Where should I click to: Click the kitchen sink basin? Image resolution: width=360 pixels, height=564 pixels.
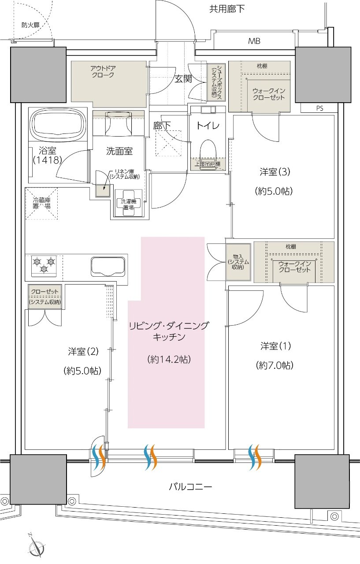pos(108,266)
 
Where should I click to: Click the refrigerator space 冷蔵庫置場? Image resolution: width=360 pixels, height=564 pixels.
pos(41,203)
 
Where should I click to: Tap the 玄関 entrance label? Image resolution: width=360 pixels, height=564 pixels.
pos(183,79)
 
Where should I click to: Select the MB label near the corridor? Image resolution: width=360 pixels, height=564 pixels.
pos(254,42)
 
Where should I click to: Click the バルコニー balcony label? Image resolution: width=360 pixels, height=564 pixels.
pos(190,487)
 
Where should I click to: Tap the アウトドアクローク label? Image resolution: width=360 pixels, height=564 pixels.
pos(102,71)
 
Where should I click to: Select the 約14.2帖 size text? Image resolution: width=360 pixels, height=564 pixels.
pos(169,360)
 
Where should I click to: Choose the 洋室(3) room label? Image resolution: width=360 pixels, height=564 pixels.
pos(274,172)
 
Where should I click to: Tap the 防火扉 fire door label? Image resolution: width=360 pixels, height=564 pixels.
pos(30,25)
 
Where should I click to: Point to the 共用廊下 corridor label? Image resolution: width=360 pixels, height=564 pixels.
pos(227,8)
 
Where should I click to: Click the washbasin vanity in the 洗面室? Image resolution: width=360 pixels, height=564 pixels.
pos(118,123)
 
